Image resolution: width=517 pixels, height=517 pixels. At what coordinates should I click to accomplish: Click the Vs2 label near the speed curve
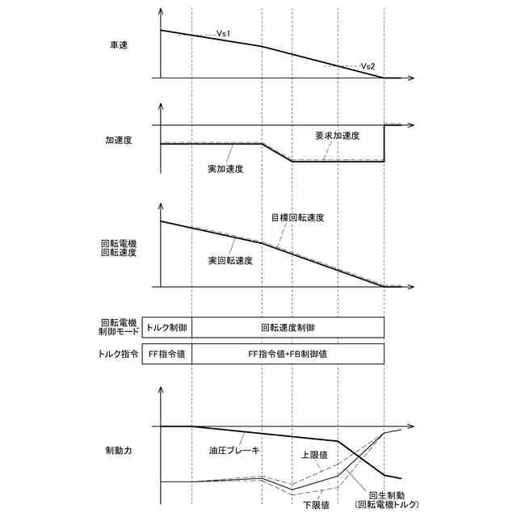pos(368,65)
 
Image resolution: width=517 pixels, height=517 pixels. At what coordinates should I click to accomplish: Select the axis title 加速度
pos(119,139)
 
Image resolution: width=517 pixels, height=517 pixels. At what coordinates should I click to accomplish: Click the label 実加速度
pos(225,169)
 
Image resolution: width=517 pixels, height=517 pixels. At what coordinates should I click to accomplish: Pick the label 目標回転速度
pos(297,217)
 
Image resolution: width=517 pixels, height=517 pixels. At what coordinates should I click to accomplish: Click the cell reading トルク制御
pos(166,328)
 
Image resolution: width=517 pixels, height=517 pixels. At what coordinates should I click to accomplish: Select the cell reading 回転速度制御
pos(288,328)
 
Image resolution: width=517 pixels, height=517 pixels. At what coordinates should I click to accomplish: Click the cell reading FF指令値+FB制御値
pos(288,355)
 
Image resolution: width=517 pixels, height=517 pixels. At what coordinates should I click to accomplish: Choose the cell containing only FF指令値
pos(166,355)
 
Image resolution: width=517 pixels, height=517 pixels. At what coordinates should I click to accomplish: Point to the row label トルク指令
pos(119,355)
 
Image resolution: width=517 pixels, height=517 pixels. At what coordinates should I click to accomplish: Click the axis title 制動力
pos(119,449)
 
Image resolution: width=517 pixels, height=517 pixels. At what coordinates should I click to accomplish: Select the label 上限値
pos(313,455)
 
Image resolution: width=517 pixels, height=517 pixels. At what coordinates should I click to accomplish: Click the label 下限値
pos(316,506)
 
